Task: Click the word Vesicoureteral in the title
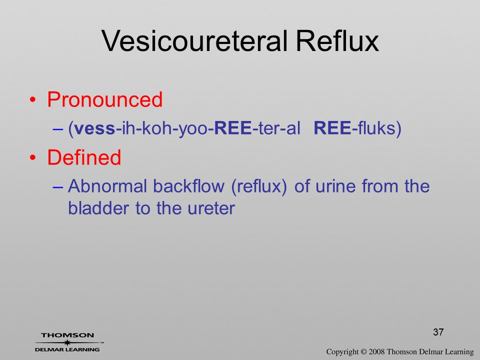pos(194,40)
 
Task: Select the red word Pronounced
pos(104,99)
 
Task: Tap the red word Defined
pos(84,157)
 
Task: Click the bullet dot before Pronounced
pos(33,100)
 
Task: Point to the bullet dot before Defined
pos(33,157)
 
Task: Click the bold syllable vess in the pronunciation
pos(94,128)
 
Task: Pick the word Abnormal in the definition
pos(107,186)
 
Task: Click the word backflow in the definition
pos(188,186)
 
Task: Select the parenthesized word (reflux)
pos(259,186)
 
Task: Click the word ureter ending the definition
pos(211,209)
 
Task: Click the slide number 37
pos(438,332)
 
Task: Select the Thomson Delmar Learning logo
pos(68,342)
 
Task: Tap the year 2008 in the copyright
pos(376,351)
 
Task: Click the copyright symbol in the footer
pos(363,352)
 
